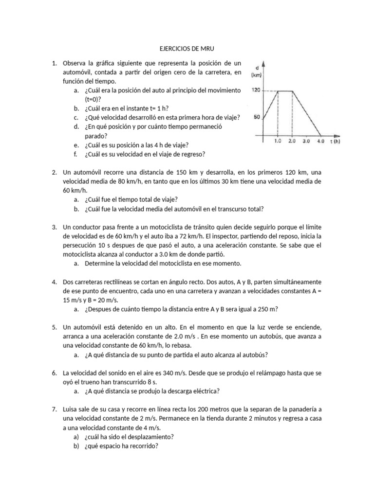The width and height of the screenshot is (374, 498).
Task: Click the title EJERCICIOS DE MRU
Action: click(x=187, y=49)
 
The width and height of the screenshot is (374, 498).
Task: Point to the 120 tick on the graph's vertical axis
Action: click(x=256, y=90)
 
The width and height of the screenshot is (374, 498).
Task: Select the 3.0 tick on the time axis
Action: click(x=306, y=141)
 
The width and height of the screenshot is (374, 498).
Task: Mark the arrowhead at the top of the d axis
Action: click(x=263, y=62)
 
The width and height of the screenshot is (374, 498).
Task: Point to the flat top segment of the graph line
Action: click(x=285, y=90)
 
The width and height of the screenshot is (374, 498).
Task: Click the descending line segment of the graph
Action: click(x=306, y=113)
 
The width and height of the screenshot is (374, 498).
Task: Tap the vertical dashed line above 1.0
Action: click(x=278, y=114)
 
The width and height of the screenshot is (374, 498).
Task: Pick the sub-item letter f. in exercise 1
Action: click(x=76, y=154)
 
